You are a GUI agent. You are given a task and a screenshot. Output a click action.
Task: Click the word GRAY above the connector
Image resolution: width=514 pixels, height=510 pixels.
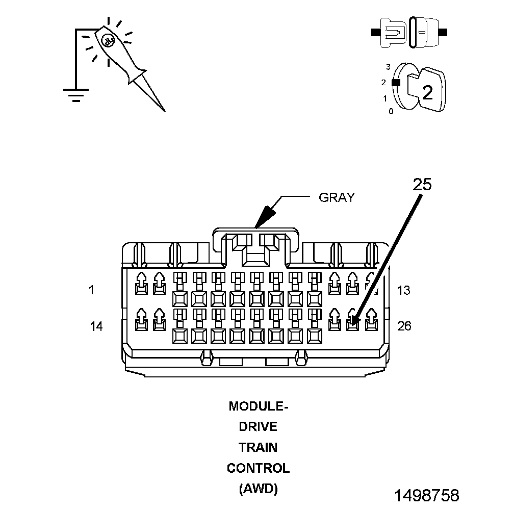coord(336,197)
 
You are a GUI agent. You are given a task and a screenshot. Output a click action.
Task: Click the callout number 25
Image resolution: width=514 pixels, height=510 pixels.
coord(422,184)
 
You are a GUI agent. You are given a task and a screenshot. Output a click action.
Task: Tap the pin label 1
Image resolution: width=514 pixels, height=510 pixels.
coord(91,290)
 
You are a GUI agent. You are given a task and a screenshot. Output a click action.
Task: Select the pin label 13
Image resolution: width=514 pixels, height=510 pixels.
coord(403,290)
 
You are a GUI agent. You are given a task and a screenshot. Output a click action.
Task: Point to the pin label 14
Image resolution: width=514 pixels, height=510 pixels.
coord(96,326)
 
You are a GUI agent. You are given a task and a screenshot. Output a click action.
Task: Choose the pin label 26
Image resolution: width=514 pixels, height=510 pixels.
coord(404,326)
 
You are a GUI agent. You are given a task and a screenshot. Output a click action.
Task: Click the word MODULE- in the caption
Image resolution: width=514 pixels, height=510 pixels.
coord(259,406)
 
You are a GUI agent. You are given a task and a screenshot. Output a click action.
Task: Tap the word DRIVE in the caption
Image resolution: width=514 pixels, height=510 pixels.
coord(259,427)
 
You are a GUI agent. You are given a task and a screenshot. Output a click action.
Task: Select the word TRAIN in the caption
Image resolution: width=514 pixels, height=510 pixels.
coord(259,447)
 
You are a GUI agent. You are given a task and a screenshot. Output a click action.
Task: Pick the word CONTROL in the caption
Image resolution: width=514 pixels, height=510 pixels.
coord(259,468)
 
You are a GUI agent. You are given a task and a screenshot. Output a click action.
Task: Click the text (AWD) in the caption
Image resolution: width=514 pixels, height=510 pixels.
coord(259,489)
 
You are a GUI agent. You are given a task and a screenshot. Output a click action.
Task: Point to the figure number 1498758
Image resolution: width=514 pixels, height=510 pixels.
coord(426,495)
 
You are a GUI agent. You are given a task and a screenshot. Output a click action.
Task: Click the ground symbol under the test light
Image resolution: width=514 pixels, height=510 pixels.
coord(76,95)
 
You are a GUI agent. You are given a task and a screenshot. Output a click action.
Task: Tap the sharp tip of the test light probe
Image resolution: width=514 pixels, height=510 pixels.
coord(164,109)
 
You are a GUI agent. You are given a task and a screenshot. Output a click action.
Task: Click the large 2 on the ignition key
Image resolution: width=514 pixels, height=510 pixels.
coord(427,92)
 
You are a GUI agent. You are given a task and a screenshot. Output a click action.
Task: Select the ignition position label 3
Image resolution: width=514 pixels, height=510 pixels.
coord(388,67)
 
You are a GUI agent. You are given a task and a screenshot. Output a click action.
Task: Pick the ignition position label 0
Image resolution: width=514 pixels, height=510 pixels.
coord(391,111)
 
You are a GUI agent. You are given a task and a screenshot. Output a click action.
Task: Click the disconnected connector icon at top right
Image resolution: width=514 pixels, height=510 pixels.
coord(409,32)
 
